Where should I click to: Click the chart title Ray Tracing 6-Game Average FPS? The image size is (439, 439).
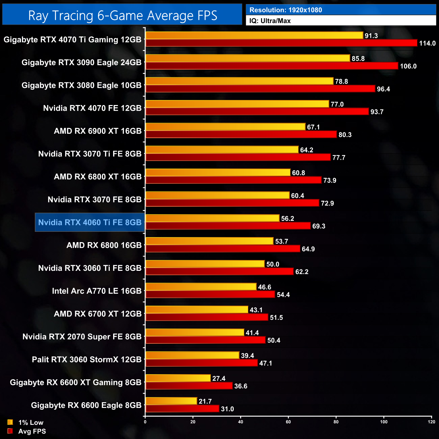(122, 16)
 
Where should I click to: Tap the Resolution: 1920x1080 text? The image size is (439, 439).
(286, 10)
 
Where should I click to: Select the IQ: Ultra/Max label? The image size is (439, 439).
(270, 21)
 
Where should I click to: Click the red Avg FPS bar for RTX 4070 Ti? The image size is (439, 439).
(281, 43)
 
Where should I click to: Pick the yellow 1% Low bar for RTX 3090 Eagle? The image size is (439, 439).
(248, 58)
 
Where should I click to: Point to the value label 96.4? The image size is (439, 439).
(383, 89)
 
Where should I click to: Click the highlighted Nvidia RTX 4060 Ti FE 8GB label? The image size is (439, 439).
(90, 223)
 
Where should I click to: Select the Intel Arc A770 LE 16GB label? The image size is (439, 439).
(97, 291)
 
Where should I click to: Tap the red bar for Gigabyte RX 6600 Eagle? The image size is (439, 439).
(182, 409)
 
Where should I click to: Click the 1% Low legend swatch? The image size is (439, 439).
(10, 422)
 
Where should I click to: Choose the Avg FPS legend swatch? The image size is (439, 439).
(10, 431)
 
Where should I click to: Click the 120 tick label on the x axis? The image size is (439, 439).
(431, 422)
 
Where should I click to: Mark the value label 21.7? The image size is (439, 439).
(205, 402)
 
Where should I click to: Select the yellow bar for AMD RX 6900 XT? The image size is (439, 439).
(225, 127)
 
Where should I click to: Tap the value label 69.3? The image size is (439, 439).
(318, 226)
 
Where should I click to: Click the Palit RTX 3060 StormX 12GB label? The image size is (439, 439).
(86, 360)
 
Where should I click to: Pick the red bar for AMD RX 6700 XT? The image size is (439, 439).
(207, 317)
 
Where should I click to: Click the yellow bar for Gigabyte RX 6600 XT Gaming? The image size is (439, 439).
(178, 379)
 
